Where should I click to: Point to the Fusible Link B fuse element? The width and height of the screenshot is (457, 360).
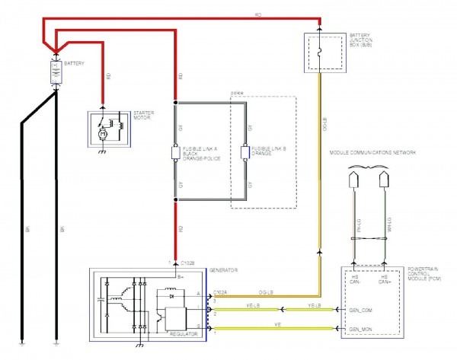click(245, 153)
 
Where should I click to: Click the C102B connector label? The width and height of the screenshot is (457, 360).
click(187, 263)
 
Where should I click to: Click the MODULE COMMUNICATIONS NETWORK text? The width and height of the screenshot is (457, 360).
click(372, 153)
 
